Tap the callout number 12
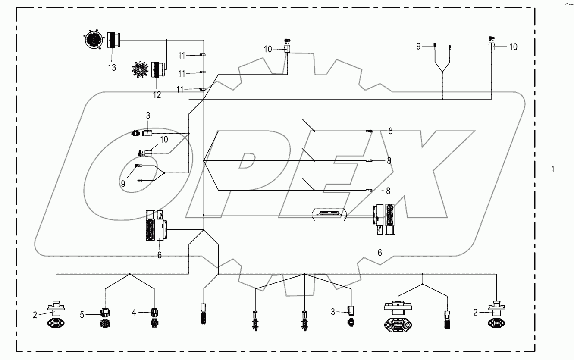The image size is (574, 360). [x=157, y=95]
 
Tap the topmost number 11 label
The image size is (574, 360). [x=182, y=55]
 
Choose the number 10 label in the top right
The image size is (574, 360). [x=513, y=47]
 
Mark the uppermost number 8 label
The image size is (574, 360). [x=390, y=131]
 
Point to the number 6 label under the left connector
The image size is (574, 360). [x=159, y=254]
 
